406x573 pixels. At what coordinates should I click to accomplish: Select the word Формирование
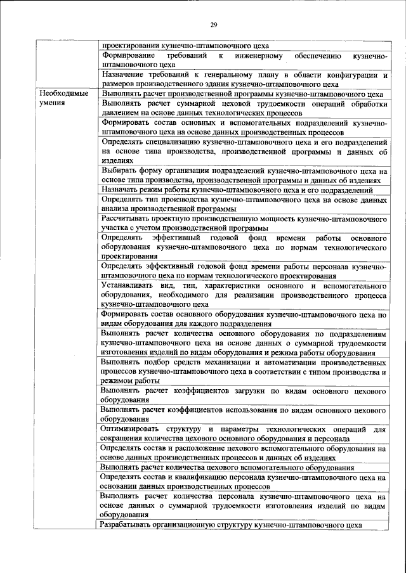(x=129, y=56)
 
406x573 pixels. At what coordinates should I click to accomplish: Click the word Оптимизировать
(x=131, y=429)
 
